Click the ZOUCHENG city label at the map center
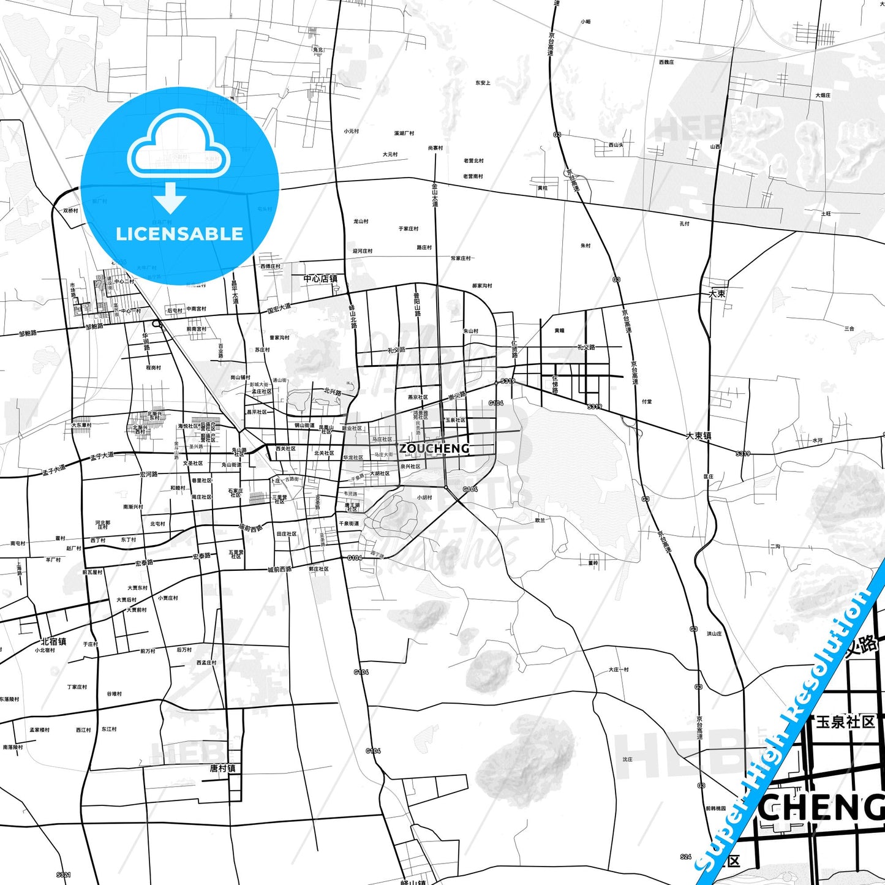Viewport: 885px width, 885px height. [434, 449]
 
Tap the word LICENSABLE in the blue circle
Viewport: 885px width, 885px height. [179, 234]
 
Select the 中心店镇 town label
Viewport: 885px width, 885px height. [320, 279]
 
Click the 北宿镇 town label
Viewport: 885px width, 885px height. [53, 641]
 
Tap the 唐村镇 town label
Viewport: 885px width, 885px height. [222, 768]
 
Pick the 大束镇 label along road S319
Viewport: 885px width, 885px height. [698, 436]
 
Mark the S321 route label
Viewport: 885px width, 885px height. [64, 875]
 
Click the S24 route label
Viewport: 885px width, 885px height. [685, 857]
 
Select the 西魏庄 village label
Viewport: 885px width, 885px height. [666, 62]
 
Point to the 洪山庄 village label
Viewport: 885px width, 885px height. [714, 634]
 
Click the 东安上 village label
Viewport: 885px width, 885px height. [483, 83]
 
